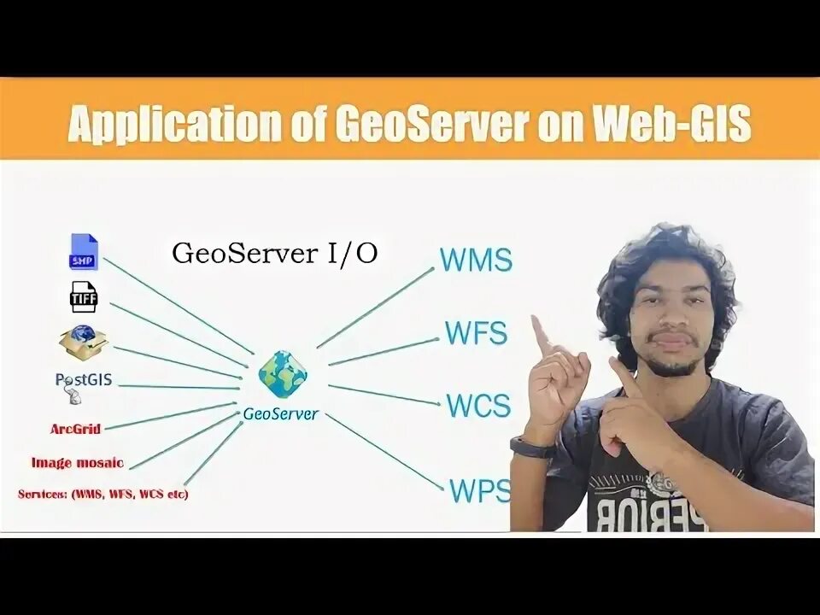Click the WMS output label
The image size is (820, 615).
(476, 260)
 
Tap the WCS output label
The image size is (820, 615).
(478, 405)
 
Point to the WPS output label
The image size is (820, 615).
(479, 490)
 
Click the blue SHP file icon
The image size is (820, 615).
(84, 252)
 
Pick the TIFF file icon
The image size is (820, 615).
(84, 297)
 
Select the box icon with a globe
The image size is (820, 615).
(83, 343)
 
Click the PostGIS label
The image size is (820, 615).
(83, 380)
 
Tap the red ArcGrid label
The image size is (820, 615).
(75, 428)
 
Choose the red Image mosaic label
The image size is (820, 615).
(77, 463)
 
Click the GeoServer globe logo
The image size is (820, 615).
(283, 374)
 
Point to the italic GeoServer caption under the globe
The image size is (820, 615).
(281, 414)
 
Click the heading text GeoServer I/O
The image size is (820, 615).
(274, 254)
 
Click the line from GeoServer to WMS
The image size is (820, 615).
(376, 307)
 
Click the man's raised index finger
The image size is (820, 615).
(541, 336)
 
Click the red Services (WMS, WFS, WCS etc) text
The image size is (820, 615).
(102, 495)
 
